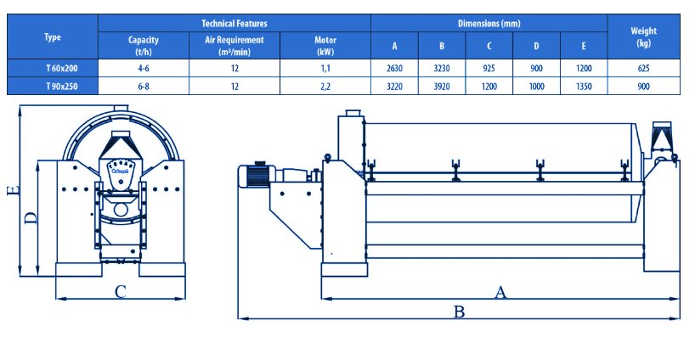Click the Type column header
pyautogui.click(x=53, y=37)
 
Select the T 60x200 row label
pyautogui.click(x=62, y=68)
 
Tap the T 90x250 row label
pyautogui.click(x=62, y=87)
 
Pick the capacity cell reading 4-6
pyautogui.click(x=144, y=68)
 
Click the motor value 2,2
pyautogui.click(x=325, y=87)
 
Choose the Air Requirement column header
pyautogui.click(x=234, y=46)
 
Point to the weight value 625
pyautogui.click(x=643, y=68)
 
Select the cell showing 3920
pyautogui.click(x=442, y=87)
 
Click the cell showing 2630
pyautogui.click(x=394, y=68)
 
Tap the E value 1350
pyautogui.click(x=584, y=87)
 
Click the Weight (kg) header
pyautogui.click(x=643, y=37)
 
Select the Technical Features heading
pyautogui.click(x=234, y=23)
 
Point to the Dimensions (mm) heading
pyautogui.click(x=489, y=23)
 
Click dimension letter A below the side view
pyautogui.click(x=500, y=292)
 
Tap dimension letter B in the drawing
pyautogui.click(x=459, y=312)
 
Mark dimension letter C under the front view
pyautogui.click(x=121, y=292)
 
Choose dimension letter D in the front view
pyautogui.click(x=30, y=218)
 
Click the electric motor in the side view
pyautogui.click(x=257, y=175)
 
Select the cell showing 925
pyautogui.click(x=489, y=68)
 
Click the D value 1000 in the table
pyautogui.click(x=536, y=87)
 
